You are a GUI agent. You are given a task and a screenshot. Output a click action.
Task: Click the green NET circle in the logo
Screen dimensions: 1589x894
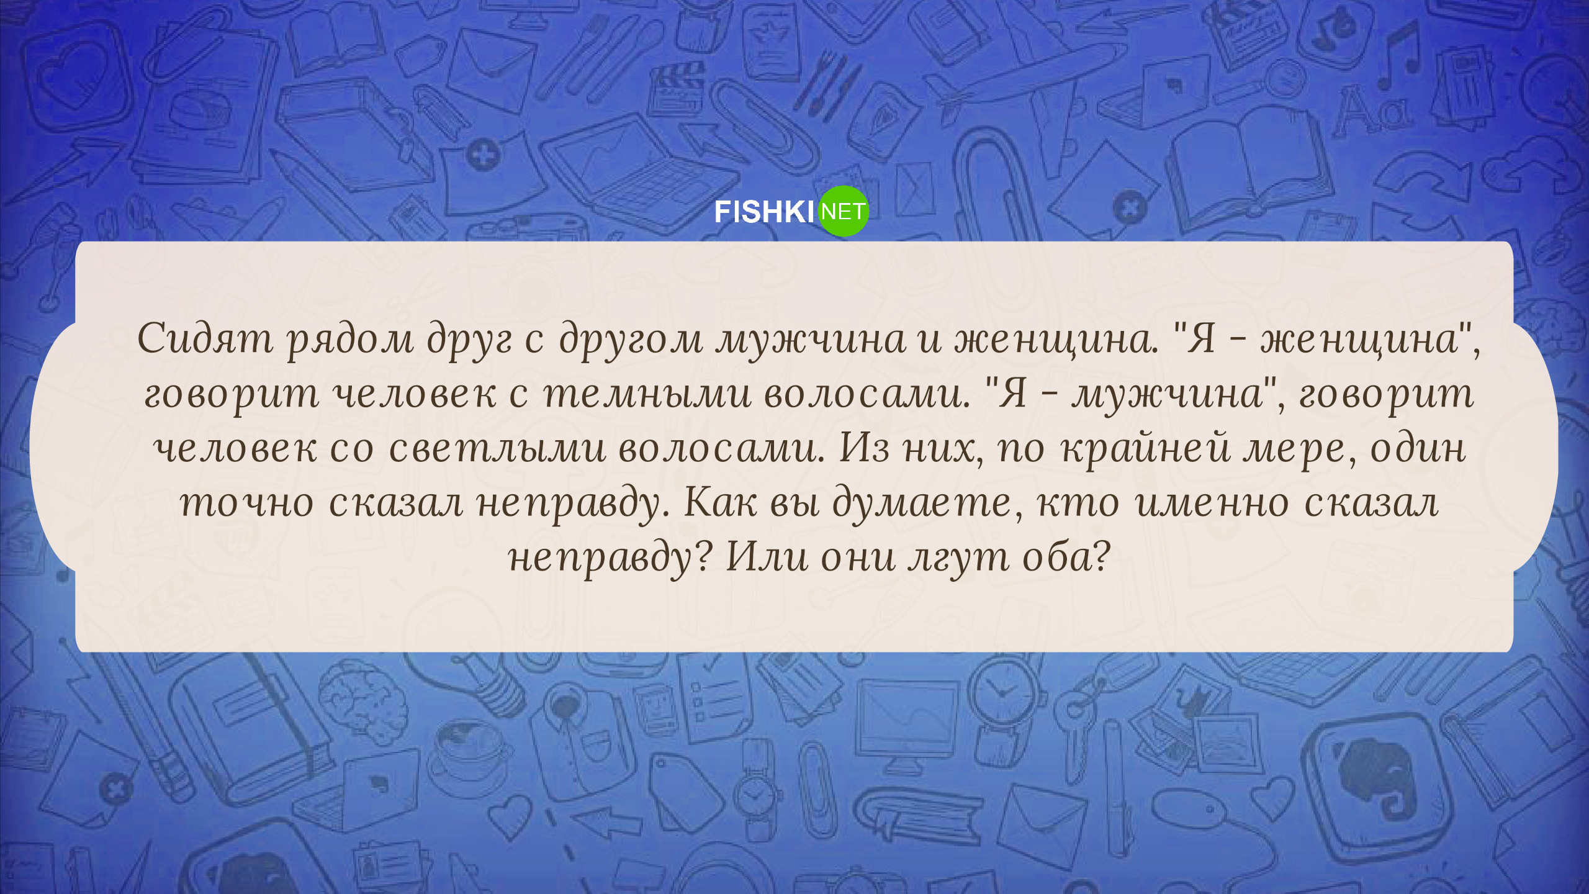(x=844, y=211)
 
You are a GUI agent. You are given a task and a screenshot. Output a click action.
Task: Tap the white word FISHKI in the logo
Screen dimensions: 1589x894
(x=763, y=212)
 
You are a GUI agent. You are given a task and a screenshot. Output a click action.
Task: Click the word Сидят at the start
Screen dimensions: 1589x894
(x=205, y=339)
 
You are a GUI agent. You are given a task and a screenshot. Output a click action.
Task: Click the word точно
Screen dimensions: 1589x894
(x=247, y=503)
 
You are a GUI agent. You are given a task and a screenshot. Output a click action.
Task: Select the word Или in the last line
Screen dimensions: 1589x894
(x=767, y=556)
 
